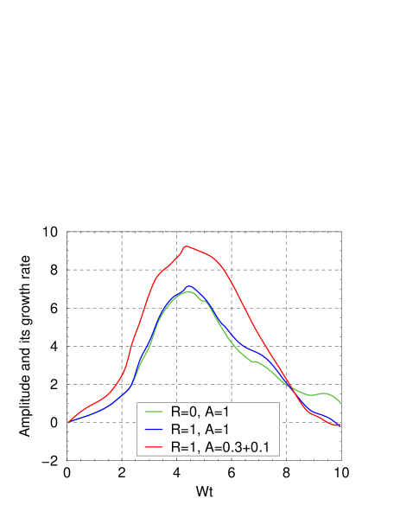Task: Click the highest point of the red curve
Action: tap(186, 246)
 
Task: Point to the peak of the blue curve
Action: tap(188, 285)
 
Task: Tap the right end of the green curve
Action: tap(341, 402)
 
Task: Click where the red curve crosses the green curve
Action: tap(291, 386)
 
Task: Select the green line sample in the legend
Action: tap(155, 412)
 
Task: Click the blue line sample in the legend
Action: tap(155, 430)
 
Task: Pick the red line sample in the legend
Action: tap(155, 447)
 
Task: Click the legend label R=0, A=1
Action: tap(200, 412)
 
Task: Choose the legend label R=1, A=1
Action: tap(200, 430)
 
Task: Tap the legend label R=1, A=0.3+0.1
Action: tap(222, 447)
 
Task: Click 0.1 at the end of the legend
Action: tap(263, 447)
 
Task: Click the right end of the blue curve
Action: tap(341, 425)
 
